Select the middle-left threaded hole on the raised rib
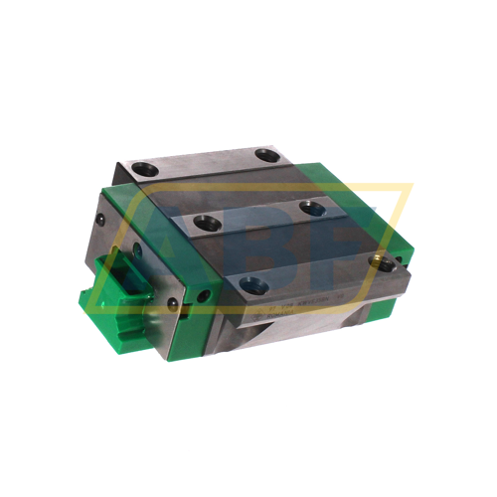[x=206, y=222]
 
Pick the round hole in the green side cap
[x=203, y=297]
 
